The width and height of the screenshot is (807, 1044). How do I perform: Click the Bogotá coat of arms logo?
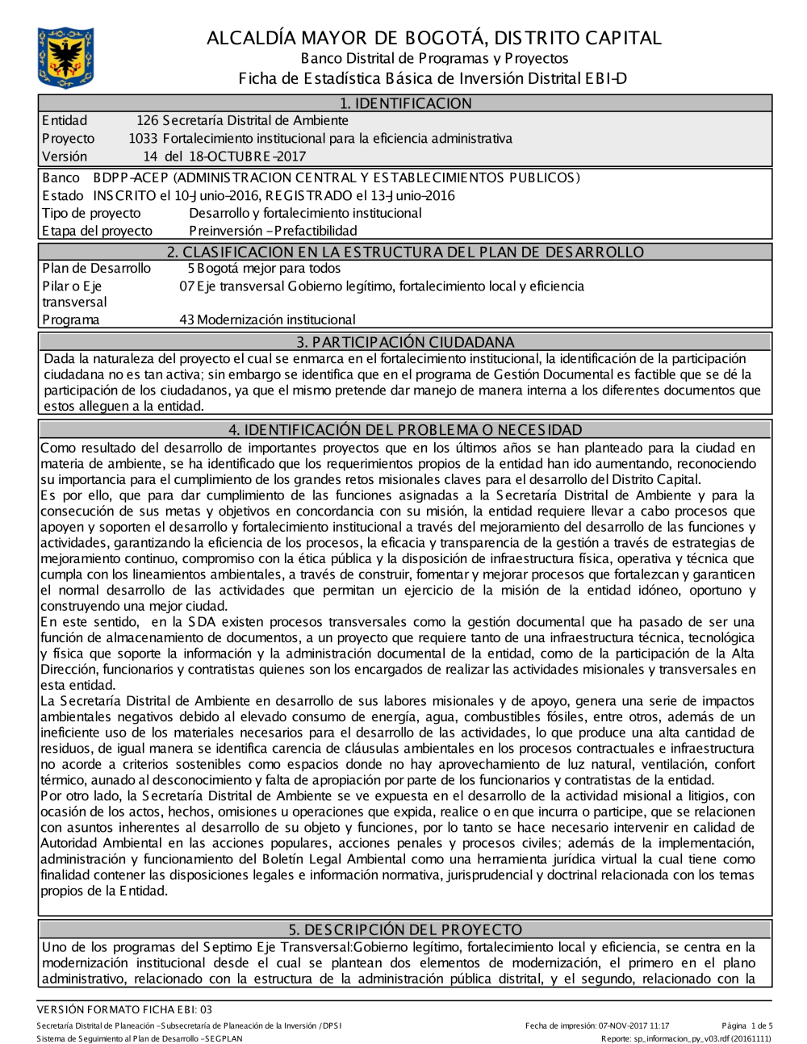65,58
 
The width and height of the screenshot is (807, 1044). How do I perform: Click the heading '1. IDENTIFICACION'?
405,103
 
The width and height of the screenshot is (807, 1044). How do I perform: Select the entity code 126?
147,121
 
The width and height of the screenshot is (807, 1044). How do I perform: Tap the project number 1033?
143,139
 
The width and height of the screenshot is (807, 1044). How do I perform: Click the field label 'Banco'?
61,177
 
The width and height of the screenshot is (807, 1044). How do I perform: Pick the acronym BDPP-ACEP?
131,177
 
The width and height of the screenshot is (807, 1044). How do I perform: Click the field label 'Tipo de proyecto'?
91,213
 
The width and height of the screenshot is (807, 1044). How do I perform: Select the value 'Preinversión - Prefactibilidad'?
273,231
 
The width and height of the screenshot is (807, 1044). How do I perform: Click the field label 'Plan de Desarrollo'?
96,269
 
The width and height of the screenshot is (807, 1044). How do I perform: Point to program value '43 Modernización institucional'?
267,319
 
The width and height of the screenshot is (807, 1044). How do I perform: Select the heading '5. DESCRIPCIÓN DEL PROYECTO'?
405,929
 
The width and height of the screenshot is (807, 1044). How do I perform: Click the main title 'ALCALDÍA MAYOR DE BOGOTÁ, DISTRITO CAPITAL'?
433,38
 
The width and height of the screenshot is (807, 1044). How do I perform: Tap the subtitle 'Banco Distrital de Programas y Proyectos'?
434,58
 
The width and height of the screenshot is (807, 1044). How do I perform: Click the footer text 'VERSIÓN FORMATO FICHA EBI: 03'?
124,1009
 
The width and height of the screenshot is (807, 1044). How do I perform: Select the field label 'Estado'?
62,195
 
